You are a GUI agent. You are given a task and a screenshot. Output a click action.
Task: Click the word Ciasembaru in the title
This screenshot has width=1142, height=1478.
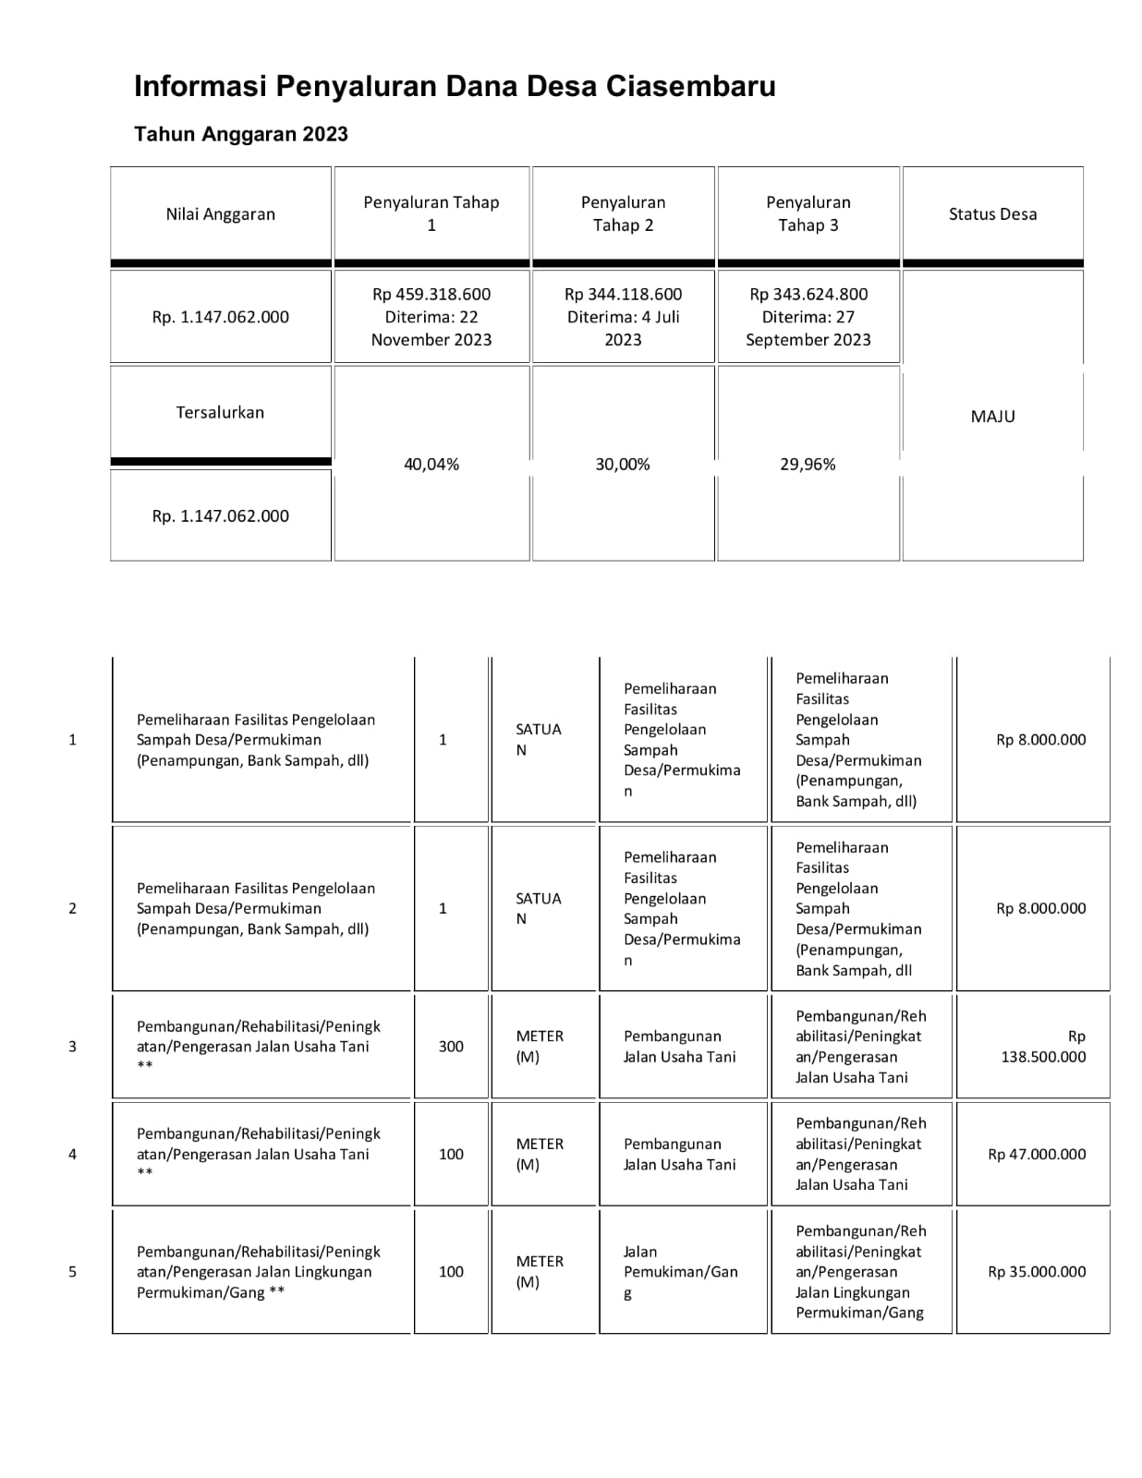point(690,87)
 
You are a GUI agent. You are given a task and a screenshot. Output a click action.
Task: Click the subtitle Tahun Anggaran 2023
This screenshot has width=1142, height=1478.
point(241,134)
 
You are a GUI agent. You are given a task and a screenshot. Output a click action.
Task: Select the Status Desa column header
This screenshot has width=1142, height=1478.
point(992,214)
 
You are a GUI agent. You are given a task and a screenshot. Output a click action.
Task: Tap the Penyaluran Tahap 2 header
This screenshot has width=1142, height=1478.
point(623,214)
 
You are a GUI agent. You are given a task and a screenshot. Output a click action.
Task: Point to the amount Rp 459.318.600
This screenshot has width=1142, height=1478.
point(431,295)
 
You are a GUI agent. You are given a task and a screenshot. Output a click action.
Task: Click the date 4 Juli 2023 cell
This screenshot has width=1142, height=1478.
point(623,328)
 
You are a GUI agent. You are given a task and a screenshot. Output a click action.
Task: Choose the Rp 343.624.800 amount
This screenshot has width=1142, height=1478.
point(808,295)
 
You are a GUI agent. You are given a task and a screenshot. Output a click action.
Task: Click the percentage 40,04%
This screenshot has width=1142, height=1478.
point(431,465)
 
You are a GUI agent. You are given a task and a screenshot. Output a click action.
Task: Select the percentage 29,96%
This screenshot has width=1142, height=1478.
point(808,465)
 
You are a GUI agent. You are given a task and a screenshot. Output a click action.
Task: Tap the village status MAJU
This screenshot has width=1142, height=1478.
point(992,417)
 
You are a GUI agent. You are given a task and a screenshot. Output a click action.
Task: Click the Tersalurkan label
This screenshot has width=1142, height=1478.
point(220,413)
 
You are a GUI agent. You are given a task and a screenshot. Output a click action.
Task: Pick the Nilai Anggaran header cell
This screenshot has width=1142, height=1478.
point(220,214)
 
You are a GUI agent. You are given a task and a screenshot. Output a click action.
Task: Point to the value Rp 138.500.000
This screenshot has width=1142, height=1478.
point(1043,1047)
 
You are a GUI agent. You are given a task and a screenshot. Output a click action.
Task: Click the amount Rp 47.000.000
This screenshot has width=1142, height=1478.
point(1037,1155)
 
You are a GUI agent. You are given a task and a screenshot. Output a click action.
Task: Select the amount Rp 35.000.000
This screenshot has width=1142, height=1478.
point(1037,1272)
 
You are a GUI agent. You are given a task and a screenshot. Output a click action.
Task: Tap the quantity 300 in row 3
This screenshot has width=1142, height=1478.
point(451,1047)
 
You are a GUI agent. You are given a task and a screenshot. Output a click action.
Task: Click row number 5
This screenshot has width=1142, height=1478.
point(72,1272)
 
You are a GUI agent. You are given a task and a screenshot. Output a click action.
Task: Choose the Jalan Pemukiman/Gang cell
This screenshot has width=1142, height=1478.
point(680,1272)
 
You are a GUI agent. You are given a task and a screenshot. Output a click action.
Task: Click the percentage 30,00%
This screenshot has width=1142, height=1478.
point(623,465)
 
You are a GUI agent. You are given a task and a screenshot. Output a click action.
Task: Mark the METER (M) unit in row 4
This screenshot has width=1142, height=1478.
point(539,1155)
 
